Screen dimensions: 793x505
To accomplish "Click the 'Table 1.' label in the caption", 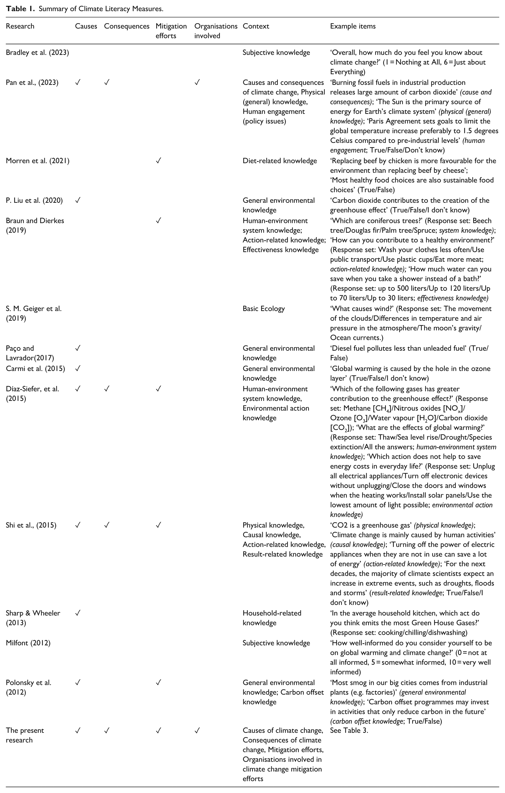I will click(x=20, y=9).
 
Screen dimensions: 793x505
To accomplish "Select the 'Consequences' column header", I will click(x=126, y=26).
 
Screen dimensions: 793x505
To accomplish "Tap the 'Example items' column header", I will click(x=353, y=26).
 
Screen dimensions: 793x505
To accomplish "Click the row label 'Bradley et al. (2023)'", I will click(x=37, y=53).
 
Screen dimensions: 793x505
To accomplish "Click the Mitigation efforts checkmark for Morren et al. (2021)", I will click(x=159, y=161).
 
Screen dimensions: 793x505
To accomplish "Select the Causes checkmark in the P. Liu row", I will click(x=78, y=200).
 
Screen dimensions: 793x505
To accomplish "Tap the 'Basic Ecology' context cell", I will click(x=264, y=309).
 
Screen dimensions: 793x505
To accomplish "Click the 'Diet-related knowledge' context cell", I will click(x=280, y=161).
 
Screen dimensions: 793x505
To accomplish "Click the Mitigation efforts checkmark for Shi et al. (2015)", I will click(x=159, y=525).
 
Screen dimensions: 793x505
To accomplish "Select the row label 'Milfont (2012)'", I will click(x=28, y=643).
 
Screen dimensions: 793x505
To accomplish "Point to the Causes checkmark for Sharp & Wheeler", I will click(x=78, y=613).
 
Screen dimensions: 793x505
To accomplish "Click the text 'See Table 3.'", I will click(x=349, y=730).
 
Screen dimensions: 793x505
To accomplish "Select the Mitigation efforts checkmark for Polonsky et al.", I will click(x=159, y=683).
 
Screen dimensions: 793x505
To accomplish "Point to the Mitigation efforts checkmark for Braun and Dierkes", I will click(x=159, y=221).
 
